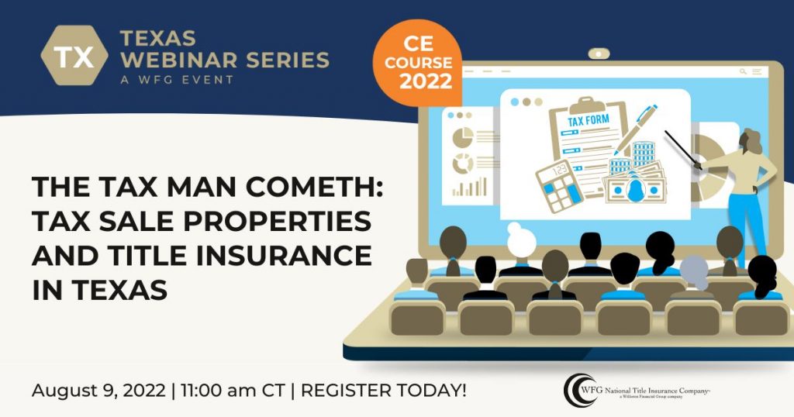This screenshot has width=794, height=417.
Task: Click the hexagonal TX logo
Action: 74,57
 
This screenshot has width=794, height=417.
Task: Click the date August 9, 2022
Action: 98,390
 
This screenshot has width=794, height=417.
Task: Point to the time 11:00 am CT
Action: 232,390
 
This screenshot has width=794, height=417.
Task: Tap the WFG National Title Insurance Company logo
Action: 637,388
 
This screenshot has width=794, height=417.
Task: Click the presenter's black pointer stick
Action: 680,148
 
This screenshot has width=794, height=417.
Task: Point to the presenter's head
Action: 750,141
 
